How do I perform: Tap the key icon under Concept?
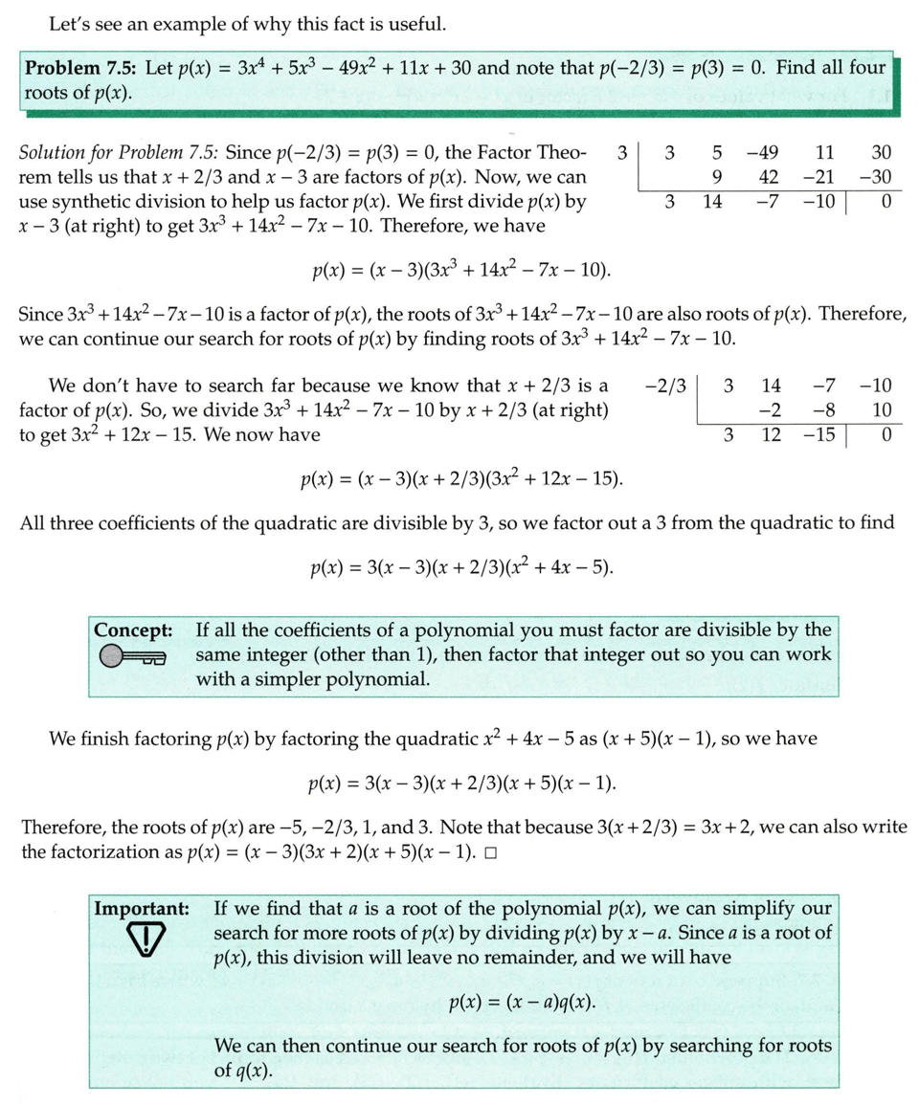click(132, 656)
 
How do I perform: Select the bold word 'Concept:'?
click(133, 630)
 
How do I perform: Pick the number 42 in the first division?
click(768, 177)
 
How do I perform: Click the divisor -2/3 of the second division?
click(666, 386)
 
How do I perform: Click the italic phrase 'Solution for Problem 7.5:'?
click(121, 152)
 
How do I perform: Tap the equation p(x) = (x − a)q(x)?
click(521, 1003)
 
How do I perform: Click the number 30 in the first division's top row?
click(879, 153)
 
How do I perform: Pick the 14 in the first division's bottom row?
click(712, 202)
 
